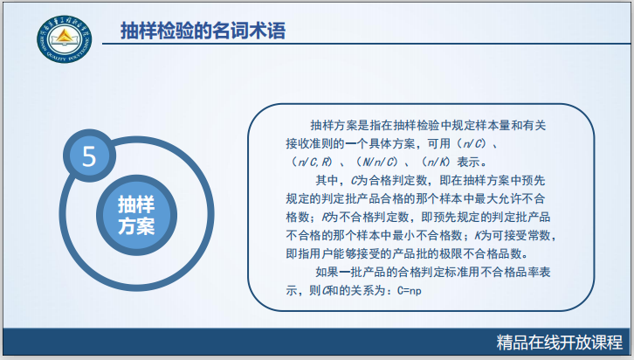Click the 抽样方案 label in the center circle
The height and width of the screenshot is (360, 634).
[x=136, y=215]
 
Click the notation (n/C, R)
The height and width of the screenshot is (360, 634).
[x=311, y=163]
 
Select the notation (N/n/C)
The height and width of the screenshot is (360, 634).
[x=379, y=163]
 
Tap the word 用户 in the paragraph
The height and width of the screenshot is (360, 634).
[x=323, y=254]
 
